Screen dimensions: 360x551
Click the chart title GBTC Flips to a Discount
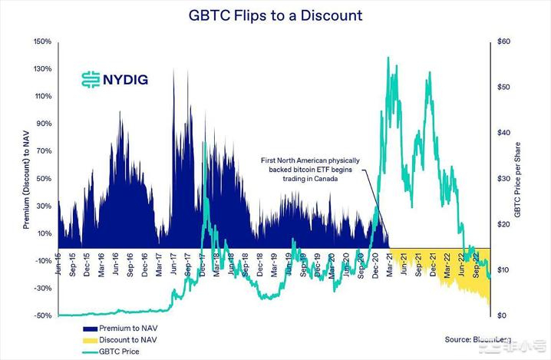[275, 15]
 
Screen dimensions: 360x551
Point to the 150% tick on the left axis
[41, 41]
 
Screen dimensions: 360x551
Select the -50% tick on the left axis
[41, 315]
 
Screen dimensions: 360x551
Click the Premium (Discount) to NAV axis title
[25, 178]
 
